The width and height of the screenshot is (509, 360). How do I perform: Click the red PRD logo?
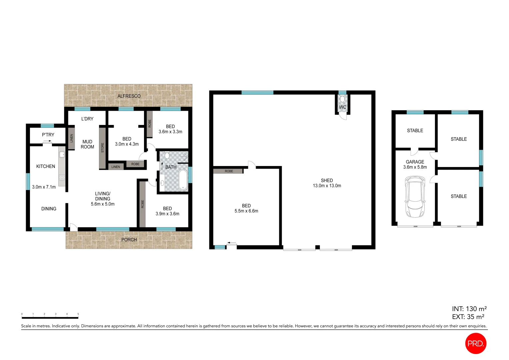pyautogui.click(x=476, y=343)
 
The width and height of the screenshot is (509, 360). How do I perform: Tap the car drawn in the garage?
pyautogui.click(x=415, y=197)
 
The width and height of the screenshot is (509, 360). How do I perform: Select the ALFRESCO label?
pyautogui.click(x=129, y=96)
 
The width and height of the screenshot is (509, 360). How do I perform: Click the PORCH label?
pyautogui.click(x=129, y=240)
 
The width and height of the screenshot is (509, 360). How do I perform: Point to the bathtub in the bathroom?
pyautogui.click(x=183, y=180)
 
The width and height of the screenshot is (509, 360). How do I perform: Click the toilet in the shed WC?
pyautogui.click(x=342, y=99)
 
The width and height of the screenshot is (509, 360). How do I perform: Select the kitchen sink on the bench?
pyautogui.click(x=62, y=155)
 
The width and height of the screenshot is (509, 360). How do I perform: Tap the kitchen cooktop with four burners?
pyautogui.click(x=62, y=177)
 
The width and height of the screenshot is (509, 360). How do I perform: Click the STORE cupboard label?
pyautogui.click(x=103, y=148)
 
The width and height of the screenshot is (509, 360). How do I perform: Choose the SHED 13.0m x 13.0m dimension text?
pyautogui.click(x=327, y=186)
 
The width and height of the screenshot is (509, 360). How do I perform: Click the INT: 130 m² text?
pyautogui.click(x=469, y=309)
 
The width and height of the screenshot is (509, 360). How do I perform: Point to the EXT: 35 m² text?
pyautogui.click(x=468, y=317)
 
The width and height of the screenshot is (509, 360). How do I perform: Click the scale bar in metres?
pyautogui.click(x=50, y=317)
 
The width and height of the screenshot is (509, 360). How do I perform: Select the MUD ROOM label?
pyautogui.click(x=87, y=144)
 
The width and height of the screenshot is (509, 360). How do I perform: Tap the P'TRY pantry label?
pyautogui.click(x=48, y=135)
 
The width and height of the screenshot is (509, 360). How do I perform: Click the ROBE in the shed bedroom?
pyautogui.click(x=229, y=171)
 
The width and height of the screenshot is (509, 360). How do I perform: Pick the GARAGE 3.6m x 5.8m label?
pyautogui.click(x=415, y=164)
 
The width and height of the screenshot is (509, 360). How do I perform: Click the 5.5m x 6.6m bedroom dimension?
pyautogui.click(x=246, y=211)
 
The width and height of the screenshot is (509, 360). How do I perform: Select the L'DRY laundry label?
pyautogui.click(x=87, y=119)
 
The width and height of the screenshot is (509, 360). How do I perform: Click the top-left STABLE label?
pyautogui.click(x=415, y=131)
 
